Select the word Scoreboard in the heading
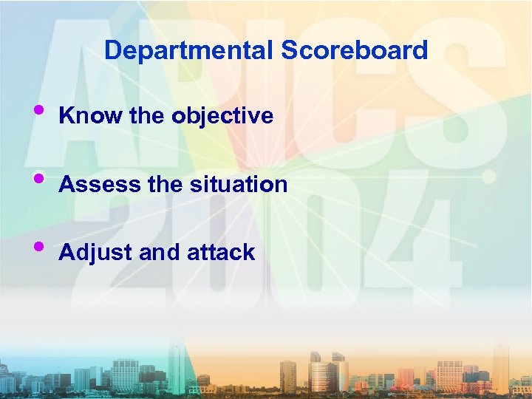coord(355,50)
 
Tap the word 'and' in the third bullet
coord(154,253)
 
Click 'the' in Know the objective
coord(146,116)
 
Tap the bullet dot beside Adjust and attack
coord(38,246)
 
